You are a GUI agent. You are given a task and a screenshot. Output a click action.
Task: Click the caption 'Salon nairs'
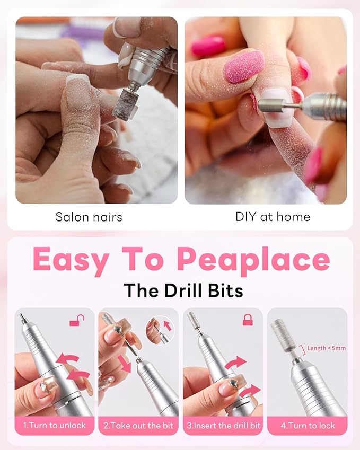(x=89, y=217)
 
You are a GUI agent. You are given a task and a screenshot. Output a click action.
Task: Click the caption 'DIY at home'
(x=273, y=217)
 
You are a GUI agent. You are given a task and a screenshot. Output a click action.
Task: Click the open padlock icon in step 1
(x=77, y=321)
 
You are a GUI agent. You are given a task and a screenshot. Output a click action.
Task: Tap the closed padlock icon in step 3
(x=248, y=320)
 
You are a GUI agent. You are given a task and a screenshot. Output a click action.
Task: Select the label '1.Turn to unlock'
(x=55, y=426)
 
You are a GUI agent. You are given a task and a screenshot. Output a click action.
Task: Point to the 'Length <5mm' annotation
(x=326, y=348)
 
